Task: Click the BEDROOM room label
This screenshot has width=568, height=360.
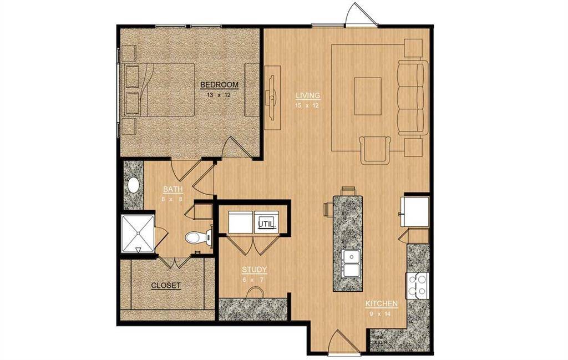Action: pos(219,85)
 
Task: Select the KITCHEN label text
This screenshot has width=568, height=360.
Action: pos(381,304)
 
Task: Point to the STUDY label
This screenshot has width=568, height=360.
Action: pos(255,270)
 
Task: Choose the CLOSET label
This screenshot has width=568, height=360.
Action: pos(166,286)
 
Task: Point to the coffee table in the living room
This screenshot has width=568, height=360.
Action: pos(368,96)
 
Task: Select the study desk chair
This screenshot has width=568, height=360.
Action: pos(255,292)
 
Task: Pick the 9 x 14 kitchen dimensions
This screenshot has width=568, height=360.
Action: pos(381,314)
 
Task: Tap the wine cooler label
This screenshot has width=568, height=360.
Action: pos(379,339)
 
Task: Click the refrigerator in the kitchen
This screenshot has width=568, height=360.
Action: pos(416,210)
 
